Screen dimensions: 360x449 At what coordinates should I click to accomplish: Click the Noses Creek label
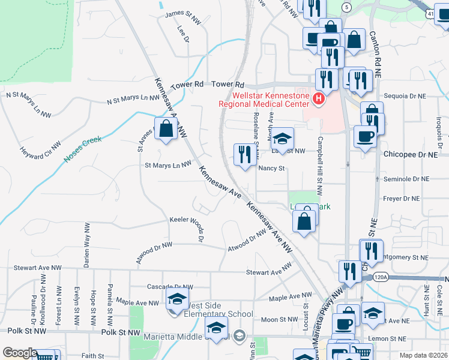coord(83,149)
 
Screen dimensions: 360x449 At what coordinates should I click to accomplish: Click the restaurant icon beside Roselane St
coord(244,155)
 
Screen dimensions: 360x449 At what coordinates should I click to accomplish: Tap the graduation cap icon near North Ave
coord(281,140)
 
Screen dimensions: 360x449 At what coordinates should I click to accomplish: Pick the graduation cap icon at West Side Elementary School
coord(178,299)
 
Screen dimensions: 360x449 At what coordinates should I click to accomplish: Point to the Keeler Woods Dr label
coord(193,226)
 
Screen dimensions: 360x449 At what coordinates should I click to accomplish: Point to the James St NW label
coord(182,13)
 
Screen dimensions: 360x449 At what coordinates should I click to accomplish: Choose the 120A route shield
coord(381,277)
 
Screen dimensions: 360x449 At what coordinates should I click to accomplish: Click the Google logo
coord(20,353)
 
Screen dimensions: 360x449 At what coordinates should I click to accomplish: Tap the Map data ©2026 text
coord(423,355)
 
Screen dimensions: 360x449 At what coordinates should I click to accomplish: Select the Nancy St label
coord(271,169)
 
